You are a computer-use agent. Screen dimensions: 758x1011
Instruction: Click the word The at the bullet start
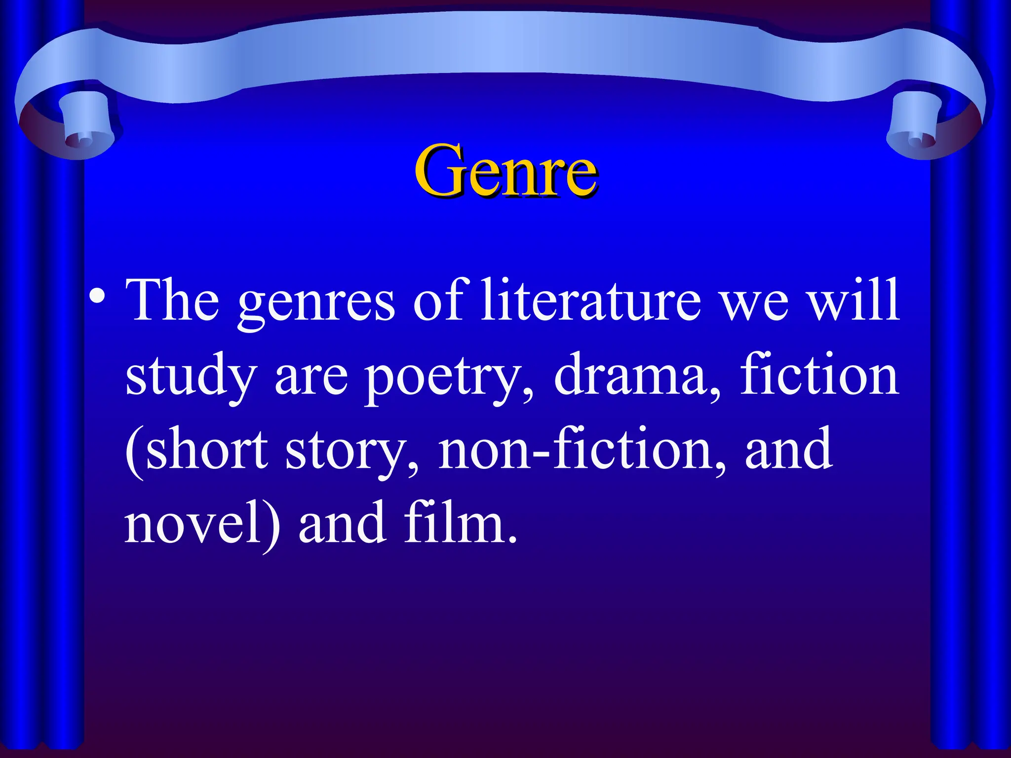(173, 299)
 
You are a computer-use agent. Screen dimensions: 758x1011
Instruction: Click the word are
(311, 378)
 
